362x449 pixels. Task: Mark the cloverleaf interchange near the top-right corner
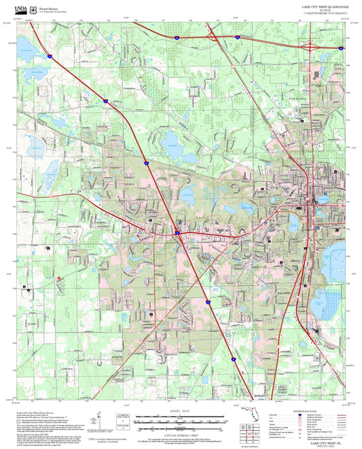(310, 46)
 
